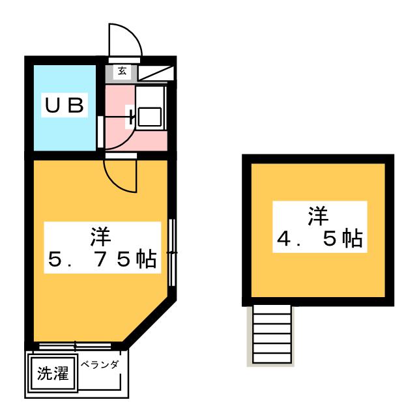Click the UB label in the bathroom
[65, 106]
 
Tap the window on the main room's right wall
[171, 252]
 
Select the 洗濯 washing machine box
[51, 375]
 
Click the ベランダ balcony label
[100, 365]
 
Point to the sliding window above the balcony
[76, 345]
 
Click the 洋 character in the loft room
[318, 215]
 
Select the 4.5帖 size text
[319, 240]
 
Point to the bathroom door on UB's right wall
[100, 130]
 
